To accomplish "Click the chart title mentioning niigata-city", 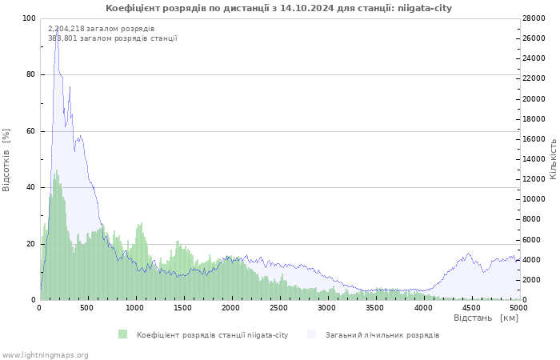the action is pos(278,8).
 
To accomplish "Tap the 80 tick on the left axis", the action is pos(30,74).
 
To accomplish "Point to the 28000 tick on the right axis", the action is pos(534,18).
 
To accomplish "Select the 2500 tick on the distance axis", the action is pos(278,308).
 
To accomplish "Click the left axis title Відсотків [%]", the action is pos(6,160).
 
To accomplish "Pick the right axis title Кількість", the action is pos(554,159).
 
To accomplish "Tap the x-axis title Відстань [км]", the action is pos(486,318).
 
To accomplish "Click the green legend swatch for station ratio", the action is pos(122,334).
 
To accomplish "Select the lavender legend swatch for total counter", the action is pos(311,334).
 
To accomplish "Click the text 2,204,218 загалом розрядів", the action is pos(101,29).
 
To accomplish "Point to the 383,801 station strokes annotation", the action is pos(113,38).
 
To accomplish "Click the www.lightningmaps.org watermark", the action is pos(45,355).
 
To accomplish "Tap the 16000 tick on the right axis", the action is pos(534,139).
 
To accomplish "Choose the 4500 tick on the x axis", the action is pos(471,308).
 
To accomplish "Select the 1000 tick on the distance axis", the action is pos(134,308).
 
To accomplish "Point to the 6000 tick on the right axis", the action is pos(532,240).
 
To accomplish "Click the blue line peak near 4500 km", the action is pos(468,254).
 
